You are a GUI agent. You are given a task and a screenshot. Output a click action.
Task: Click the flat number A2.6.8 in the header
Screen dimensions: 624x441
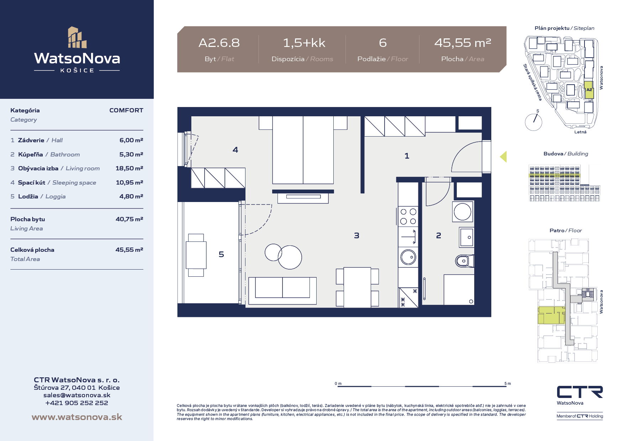[219, 43]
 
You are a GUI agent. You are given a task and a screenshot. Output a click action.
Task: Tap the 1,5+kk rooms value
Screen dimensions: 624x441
[304, 43]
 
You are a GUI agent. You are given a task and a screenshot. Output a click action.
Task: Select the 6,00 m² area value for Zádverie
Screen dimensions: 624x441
[131, 140]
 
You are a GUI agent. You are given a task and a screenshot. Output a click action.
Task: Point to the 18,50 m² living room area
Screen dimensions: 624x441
[129, 168]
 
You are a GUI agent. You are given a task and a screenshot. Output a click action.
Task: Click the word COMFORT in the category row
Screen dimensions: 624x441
[126, 110]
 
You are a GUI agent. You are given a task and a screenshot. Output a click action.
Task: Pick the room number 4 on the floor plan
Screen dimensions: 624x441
[235, 150]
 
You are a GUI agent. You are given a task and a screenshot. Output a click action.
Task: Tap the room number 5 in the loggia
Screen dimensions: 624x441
[221, 254]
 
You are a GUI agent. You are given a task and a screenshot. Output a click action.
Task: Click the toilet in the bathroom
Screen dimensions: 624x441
[465, 261]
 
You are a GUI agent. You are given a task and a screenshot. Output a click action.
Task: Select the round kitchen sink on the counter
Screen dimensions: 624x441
[408, 257]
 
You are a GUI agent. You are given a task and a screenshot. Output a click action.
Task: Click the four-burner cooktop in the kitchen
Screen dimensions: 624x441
[408, 216]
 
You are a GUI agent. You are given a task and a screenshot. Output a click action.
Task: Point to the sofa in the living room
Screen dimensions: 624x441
[282, 291]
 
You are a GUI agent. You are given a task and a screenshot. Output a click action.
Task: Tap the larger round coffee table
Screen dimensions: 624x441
[290, 257]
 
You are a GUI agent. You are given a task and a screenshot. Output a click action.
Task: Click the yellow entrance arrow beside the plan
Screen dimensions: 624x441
[503, 156]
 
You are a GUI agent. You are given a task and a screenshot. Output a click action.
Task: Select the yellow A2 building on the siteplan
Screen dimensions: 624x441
[589, 90]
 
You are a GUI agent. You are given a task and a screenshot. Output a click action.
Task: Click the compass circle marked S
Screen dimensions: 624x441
[534, 122]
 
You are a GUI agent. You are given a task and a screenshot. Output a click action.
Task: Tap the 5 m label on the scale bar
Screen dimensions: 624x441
[508, 383]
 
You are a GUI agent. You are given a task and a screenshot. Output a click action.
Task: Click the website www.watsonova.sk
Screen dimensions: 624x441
[77, 417]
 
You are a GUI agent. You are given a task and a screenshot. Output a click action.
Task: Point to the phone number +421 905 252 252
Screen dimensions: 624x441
[77, 403]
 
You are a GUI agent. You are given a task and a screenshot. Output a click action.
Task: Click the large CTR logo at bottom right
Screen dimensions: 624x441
[580, 392]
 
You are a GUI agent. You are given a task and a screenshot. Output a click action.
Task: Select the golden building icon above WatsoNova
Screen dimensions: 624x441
[77, 37]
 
